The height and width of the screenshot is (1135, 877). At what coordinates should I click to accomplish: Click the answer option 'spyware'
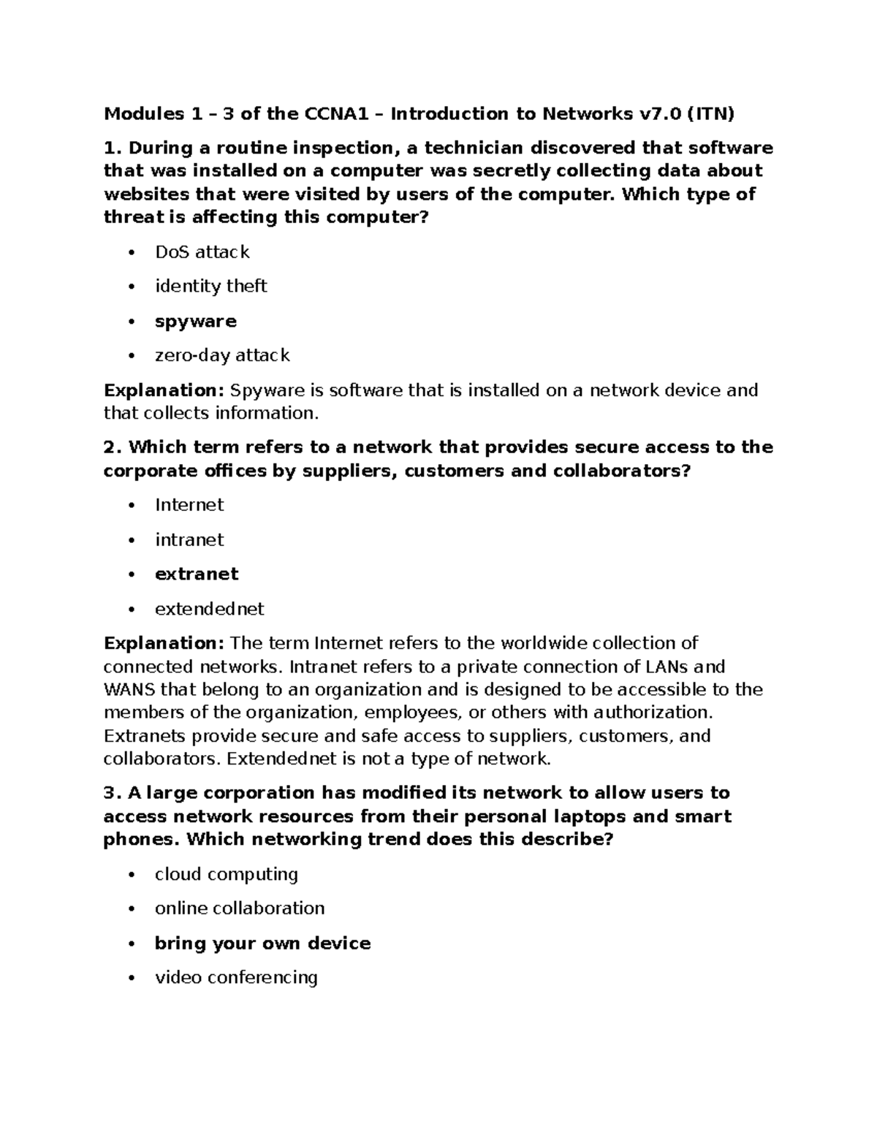point(195,322)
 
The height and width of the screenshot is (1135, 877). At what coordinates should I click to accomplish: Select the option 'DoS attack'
point(202,252)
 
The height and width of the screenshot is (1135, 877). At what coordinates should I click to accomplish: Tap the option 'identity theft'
point(210,286)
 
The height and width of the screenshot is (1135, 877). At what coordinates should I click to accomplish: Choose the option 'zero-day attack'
point(222,356)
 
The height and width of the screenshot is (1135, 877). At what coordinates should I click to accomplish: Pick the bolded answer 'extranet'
point(197,574)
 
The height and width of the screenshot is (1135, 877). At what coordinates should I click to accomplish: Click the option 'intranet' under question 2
point(189,540)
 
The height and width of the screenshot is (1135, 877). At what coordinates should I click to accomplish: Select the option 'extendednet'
point(209,609)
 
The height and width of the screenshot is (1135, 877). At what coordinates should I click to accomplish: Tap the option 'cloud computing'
point(226,874)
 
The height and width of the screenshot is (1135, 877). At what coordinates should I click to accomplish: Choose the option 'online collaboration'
point(240,908)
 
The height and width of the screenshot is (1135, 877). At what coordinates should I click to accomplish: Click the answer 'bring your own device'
point(262,944)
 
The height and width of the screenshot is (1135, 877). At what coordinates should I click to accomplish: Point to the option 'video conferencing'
point(236,978)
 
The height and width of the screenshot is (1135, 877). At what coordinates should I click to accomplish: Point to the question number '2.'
point(112,447)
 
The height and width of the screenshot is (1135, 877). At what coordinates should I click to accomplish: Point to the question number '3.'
point(112,793)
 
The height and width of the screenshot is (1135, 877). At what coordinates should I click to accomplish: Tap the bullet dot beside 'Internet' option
point(132,506)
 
